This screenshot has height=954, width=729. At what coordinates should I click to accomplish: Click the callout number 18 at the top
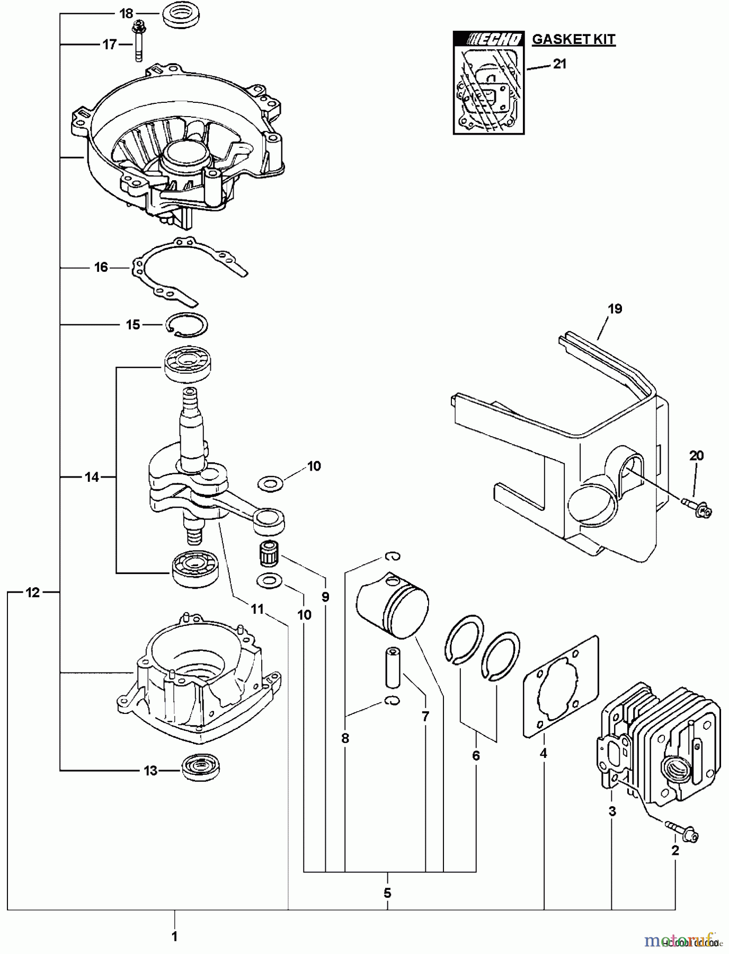126,14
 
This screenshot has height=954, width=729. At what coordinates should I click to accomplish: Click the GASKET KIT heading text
573,39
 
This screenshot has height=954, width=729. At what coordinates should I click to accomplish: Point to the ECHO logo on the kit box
489,39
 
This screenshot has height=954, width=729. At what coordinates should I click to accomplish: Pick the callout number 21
559,64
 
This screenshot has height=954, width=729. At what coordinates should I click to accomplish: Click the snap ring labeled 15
187,324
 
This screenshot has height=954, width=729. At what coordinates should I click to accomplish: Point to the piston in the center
392,605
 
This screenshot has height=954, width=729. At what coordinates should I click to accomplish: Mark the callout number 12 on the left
33,593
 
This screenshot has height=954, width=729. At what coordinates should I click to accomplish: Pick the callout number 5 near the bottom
387,893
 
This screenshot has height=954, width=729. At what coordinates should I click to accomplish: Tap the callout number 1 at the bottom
174,937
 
